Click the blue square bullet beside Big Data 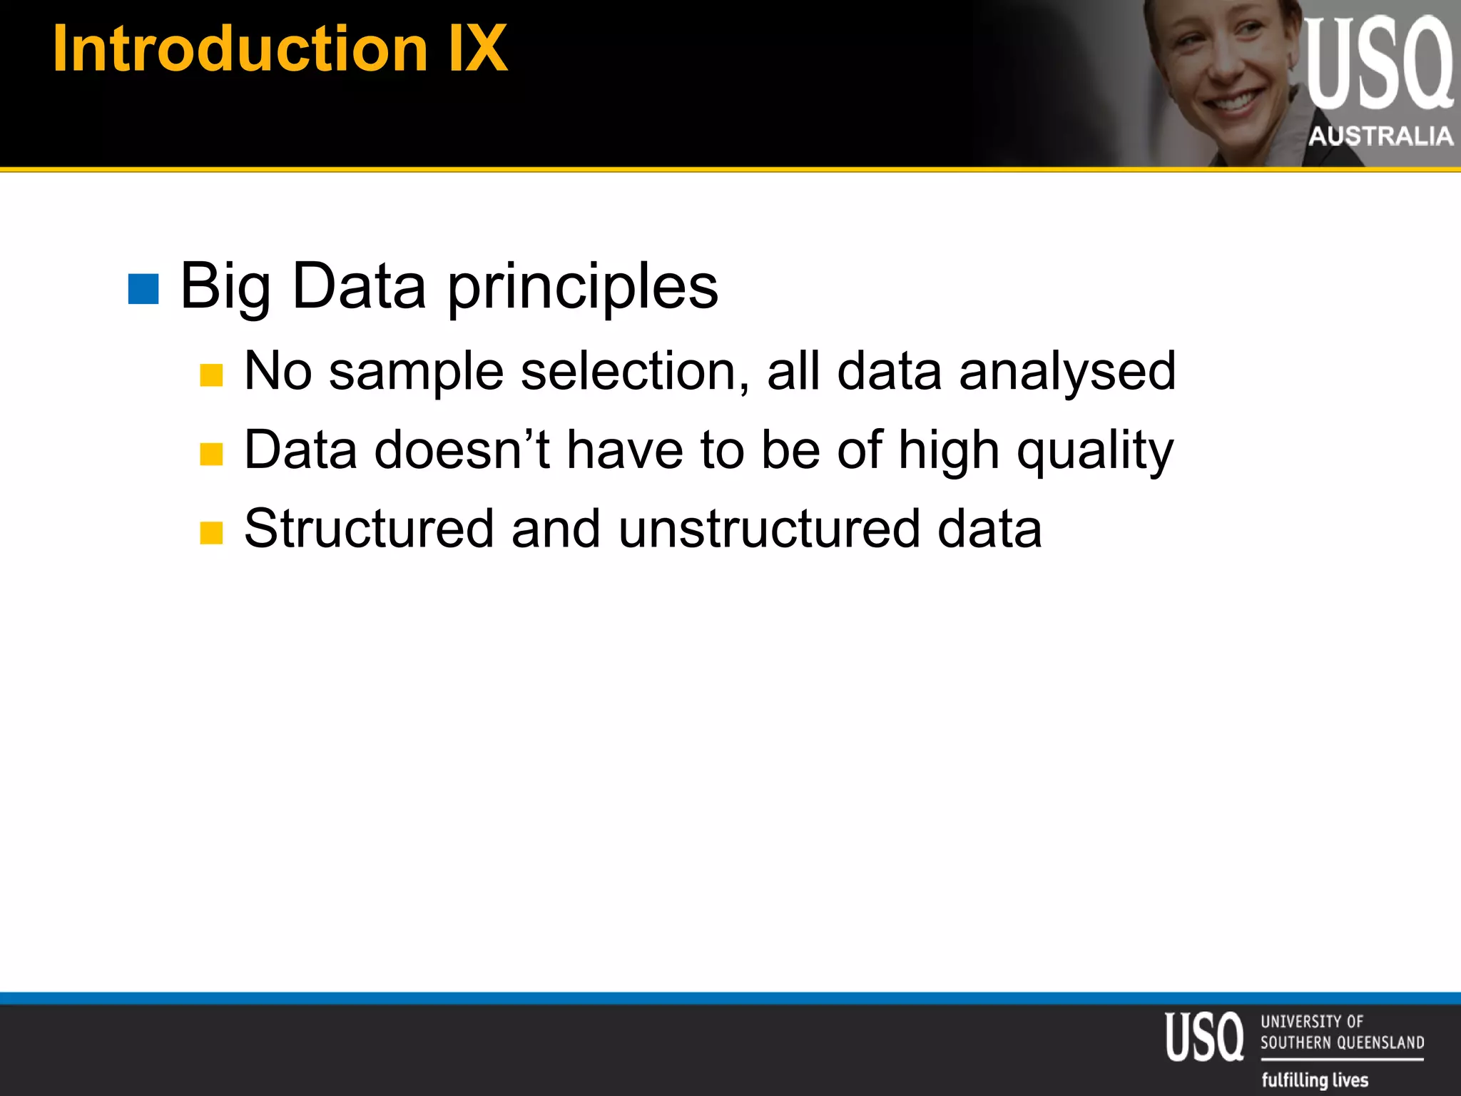coord(143,289)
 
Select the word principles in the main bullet coord(583,288)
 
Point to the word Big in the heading coord(225,288)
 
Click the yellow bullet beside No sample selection coord(211,375)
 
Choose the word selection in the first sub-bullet coord(635,372)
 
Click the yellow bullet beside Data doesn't coord(211,454)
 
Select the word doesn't coord(462,450)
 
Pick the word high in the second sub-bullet coord(949,452)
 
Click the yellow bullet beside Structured coord(211,532)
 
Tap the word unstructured coord(769,529)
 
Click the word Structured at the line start coord(369,529)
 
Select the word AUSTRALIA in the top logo coord(1381,136)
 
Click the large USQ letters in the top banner coord(1378,64)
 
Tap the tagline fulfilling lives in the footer coord(1315,1080)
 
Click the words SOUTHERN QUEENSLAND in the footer coord(1342,1042)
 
